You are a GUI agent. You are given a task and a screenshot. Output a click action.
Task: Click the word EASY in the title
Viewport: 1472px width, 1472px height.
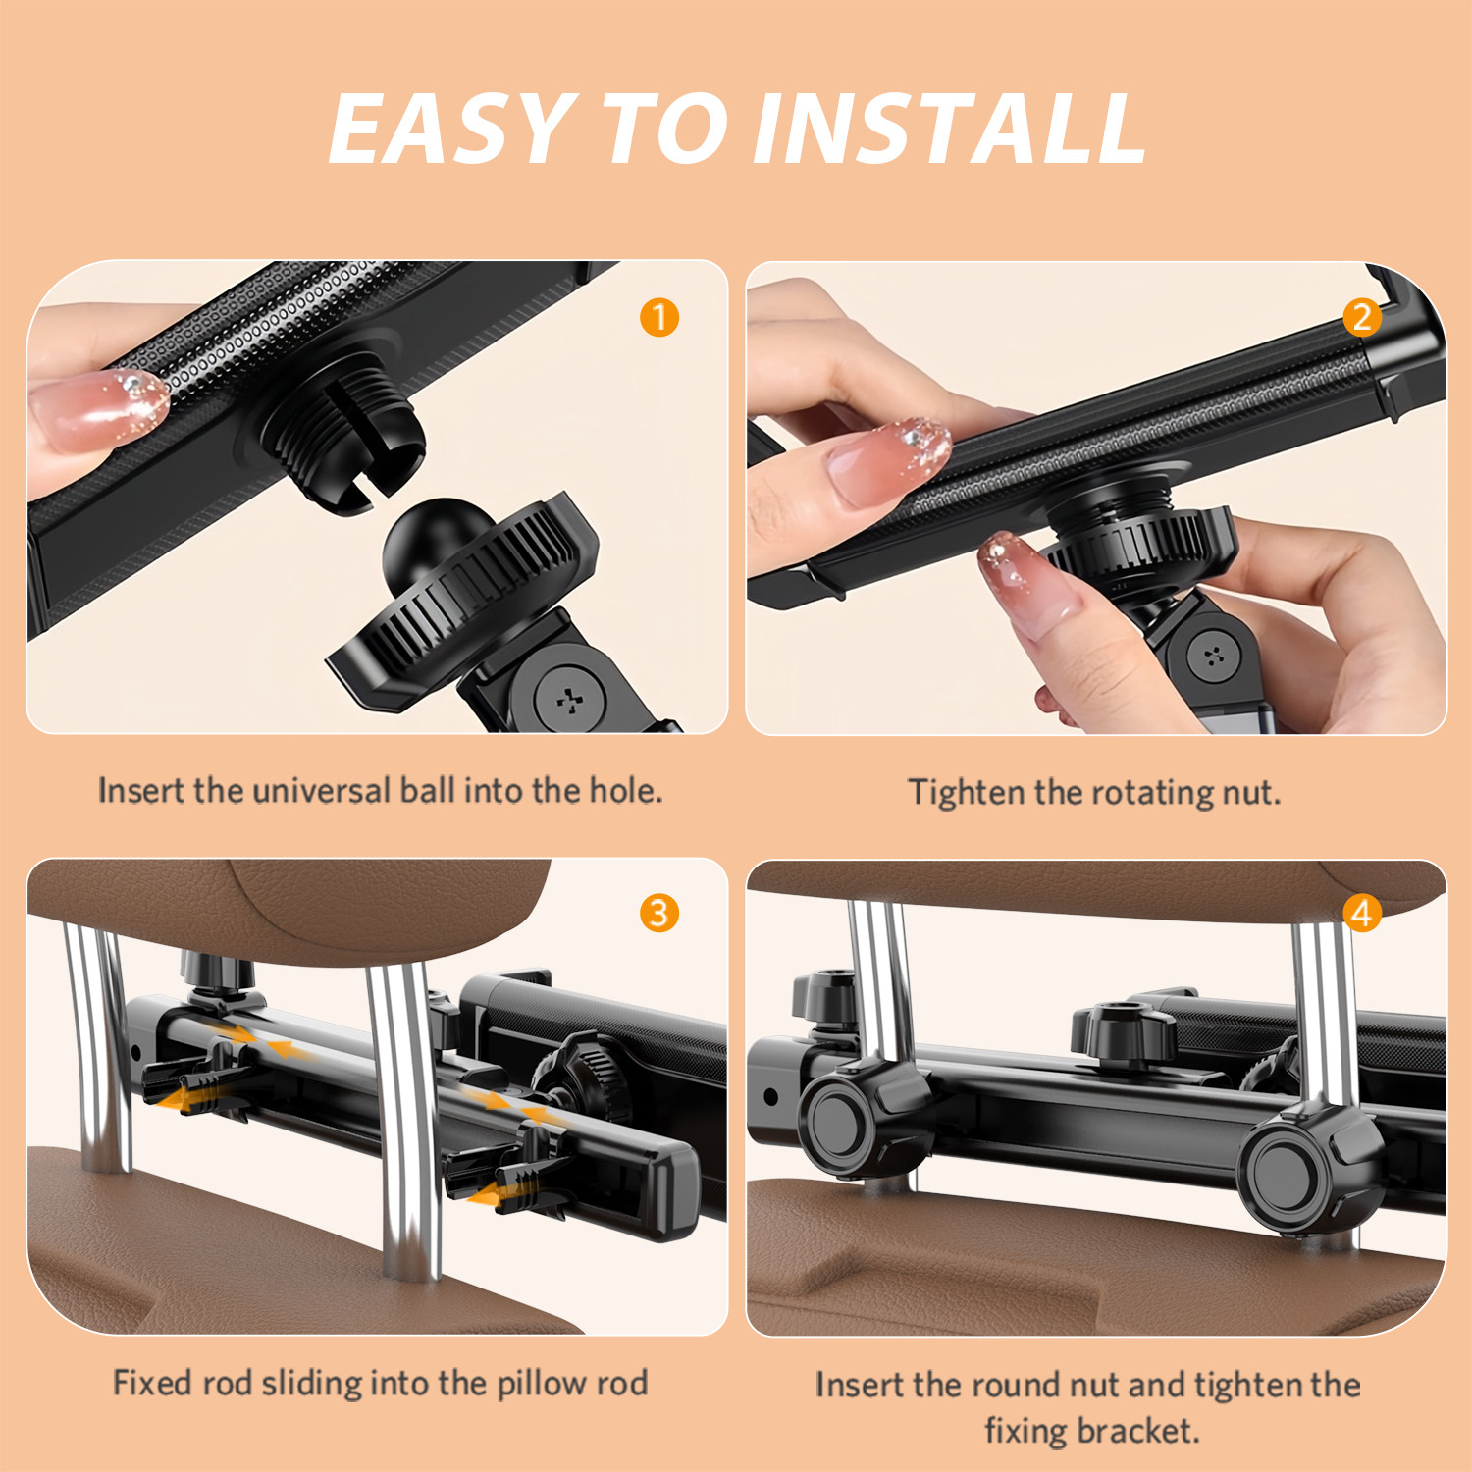[449, 129]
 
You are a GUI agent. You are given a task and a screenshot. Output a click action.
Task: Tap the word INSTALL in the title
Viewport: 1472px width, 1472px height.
[949, 129]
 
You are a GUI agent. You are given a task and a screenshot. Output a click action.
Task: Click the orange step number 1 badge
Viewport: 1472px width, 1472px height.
[659, 318]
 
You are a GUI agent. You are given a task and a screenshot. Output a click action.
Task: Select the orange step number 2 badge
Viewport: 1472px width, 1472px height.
[1362, 317]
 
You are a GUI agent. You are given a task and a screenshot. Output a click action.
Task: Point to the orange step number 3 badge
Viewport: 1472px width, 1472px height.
[659, 914]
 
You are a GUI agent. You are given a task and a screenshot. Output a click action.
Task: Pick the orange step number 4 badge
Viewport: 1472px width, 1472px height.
[1362, 914]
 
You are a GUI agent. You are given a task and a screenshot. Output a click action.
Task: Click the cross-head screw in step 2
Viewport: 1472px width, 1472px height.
[1215, 656]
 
